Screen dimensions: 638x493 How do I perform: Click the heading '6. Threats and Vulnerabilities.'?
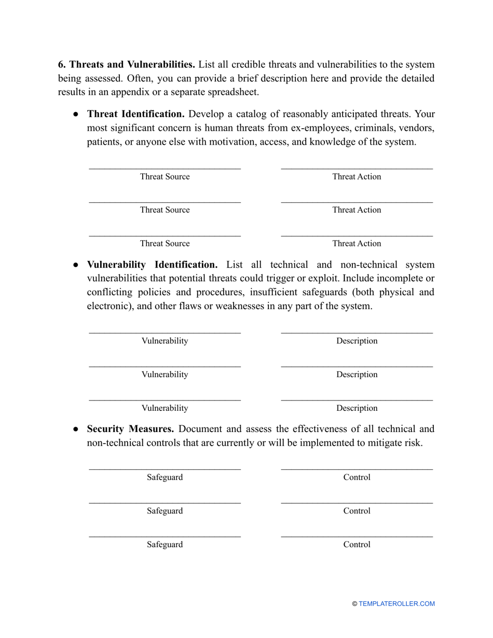point(126,65)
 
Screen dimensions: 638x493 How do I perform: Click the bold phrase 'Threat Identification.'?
point(135,114)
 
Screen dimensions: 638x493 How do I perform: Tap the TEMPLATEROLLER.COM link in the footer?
point(396,604)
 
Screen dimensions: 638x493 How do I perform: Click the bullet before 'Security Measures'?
point(75,429)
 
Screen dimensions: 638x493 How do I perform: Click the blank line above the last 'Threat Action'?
point(357,235)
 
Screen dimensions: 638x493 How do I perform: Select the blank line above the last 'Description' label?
point(357,400)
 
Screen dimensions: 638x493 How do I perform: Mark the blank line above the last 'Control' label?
point(357,536)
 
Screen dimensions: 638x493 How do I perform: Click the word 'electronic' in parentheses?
point(109,306)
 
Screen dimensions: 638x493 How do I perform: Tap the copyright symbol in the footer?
point(355,604)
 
